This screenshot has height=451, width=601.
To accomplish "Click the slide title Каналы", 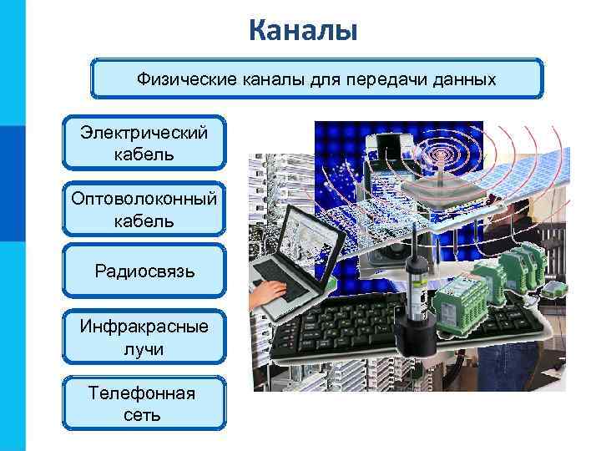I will pyautogui.click(x=303, y=31).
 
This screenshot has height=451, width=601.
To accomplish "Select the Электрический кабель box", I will pyautogui.click(x=144, y=143).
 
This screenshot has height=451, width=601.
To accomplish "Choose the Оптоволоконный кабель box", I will pyautogui.click(x=144, y=209).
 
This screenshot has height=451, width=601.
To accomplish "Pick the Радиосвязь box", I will pyautogui.click(x=144, y=271).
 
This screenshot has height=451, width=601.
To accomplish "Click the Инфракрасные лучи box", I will pyautogui.click(x=144, y=337).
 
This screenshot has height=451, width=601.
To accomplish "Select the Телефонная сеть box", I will pyautogui.click(x=144, y=403).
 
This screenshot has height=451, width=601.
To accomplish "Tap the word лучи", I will pyautogui.click(x=144, y=348).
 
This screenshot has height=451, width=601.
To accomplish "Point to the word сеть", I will pyautogui.click(x=144, y=415).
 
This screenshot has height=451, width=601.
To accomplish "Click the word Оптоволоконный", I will pyautogui.click(x=144, y=199).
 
